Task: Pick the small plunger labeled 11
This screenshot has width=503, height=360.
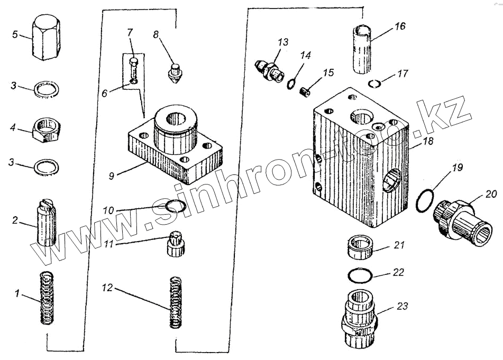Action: pos(174,244)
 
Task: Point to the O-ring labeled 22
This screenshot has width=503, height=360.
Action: pos(360,275)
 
